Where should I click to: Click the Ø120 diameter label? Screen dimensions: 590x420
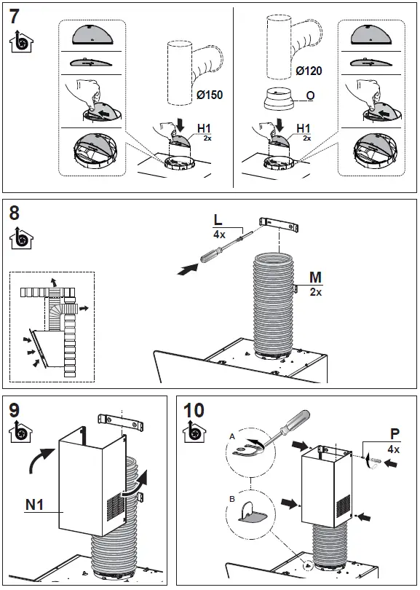[x=308, y=71]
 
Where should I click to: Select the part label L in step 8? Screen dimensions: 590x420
[x=218, y=220]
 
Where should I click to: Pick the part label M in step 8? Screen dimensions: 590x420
[x=315, y=278]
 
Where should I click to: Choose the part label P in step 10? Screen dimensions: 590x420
[x=394, y=434]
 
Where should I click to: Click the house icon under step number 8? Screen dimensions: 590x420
[x=20, y=237]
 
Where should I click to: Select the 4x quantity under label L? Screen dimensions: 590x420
[x=218, y=235]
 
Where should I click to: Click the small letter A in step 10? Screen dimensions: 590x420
[x=231, y=435]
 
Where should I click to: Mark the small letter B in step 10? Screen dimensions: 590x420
[x=231, y=500]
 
